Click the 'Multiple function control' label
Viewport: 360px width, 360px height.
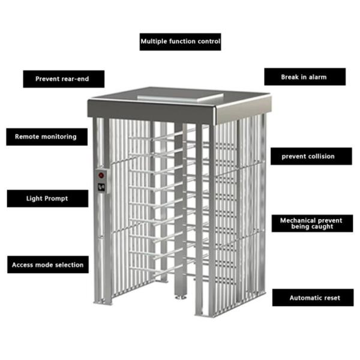coord(180,42)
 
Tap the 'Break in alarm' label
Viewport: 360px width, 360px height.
coord(305,77)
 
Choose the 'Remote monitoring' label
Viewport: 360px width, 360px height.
coord(47,137)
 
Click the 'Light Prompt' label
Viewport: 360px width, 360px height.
coord(47,198)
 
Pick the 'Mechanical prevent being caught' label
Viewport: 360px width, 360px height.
coord(311,224)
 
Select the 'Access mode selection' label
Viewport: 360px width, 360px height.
coord(48,265)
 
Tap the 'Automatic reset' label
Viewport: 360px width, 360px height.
coord(314,298)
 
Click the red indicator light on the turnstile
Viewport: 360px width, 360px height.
coord(101,176)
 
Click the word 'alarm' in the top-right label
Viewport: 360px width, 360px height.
coord(318,77)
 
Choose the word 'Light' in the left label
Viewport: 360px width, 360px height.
coord(34,198)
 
